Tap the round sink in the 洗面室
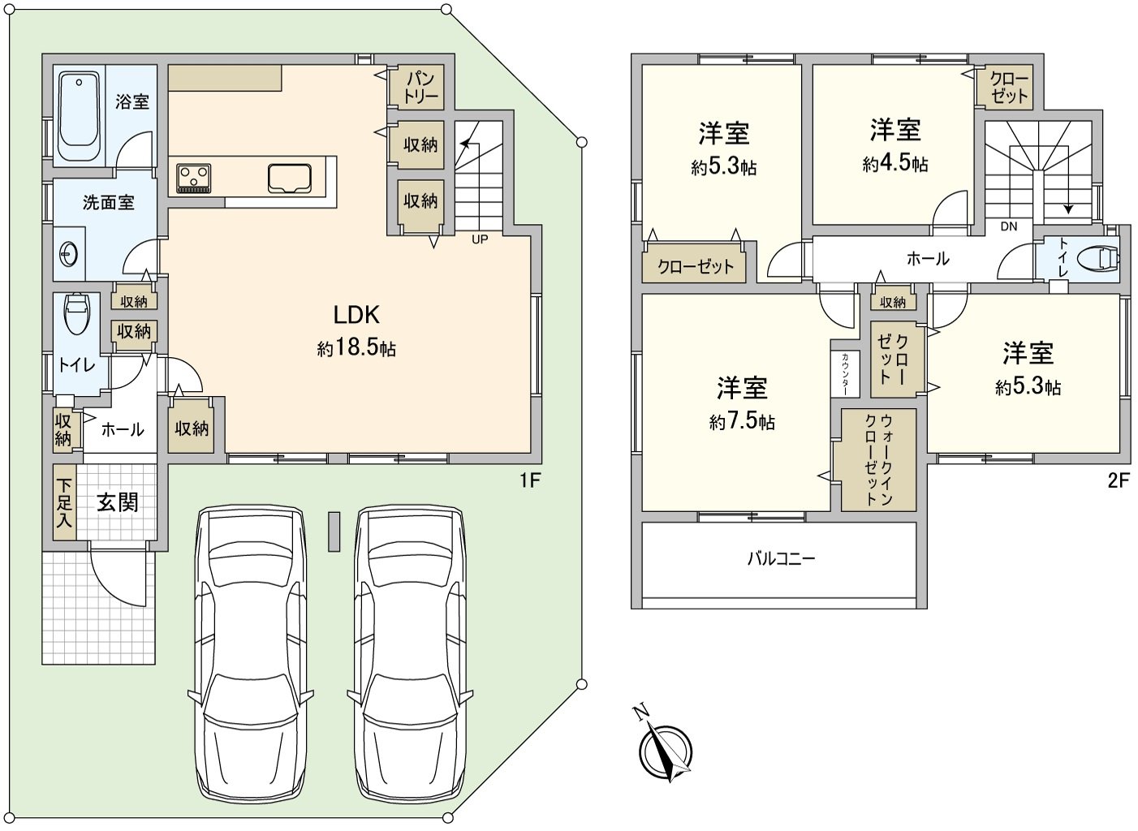pos(67,254)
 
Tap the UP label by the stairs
pos(480,239)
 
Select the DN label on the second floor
pos(1008,226)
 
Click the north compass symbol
pos(666,751)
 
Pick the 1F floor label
pos(530,480)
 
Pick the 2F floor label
pos(1118,480)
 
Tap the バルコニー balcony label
pos(780,558)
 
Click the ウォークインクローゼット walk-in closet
pos(878,459)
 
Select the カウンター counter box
pos(845,373)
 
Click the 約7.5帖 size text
pos(742,422)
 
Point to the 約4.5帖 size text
pos(895,164)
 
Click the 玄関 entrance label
pos(118,502)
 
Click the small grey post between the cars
pos(334,532)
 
